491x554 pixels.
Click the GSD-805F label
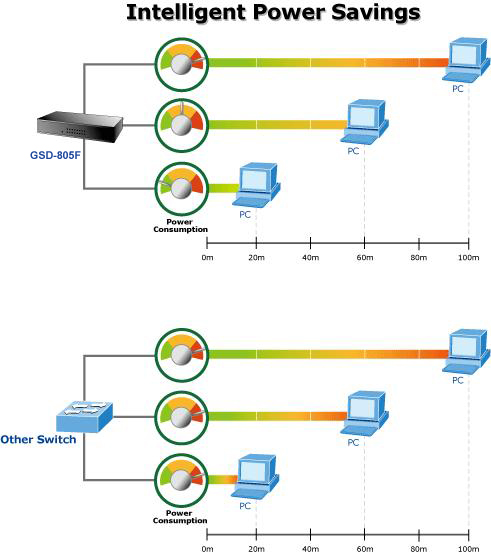click(x=55, y=155)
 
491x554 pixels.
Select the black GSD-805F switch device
click(x=80, y=127)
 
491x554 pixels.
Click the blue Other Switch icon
click(x=85, y=417)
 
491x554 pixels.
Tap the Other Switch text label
click(x=38, y=440)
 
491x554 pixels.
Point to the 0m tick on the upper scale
click(x=207, y=243)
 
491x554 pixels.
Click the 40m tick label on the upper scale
click(x=310, y=258)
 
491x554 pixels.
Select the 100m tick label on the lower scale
click(x=468, y=549)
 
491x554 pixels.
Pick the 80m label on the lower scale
click(x=419, y=549)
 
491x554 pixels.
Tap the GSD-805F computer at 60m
click(x=364, y=122)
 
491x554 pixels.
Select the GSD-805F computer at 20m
click(x=256, y=185)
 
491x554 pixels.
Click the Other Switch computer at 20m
click(x=255, y=476)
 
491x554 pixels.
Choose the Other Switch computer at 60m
click(x=364, y=413)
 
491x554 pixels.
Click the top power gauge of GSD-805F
click(x=182, y=64)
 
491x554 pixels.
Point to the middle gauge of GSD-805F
click(x=182, y=125)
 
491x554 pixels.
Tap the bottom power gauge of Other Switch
click(x=182, y=480)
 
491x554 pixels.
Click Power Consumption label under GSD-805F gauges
click(x=180, y=226)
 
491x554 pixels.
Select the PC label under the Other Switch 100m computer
click(x=458, y=380)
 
